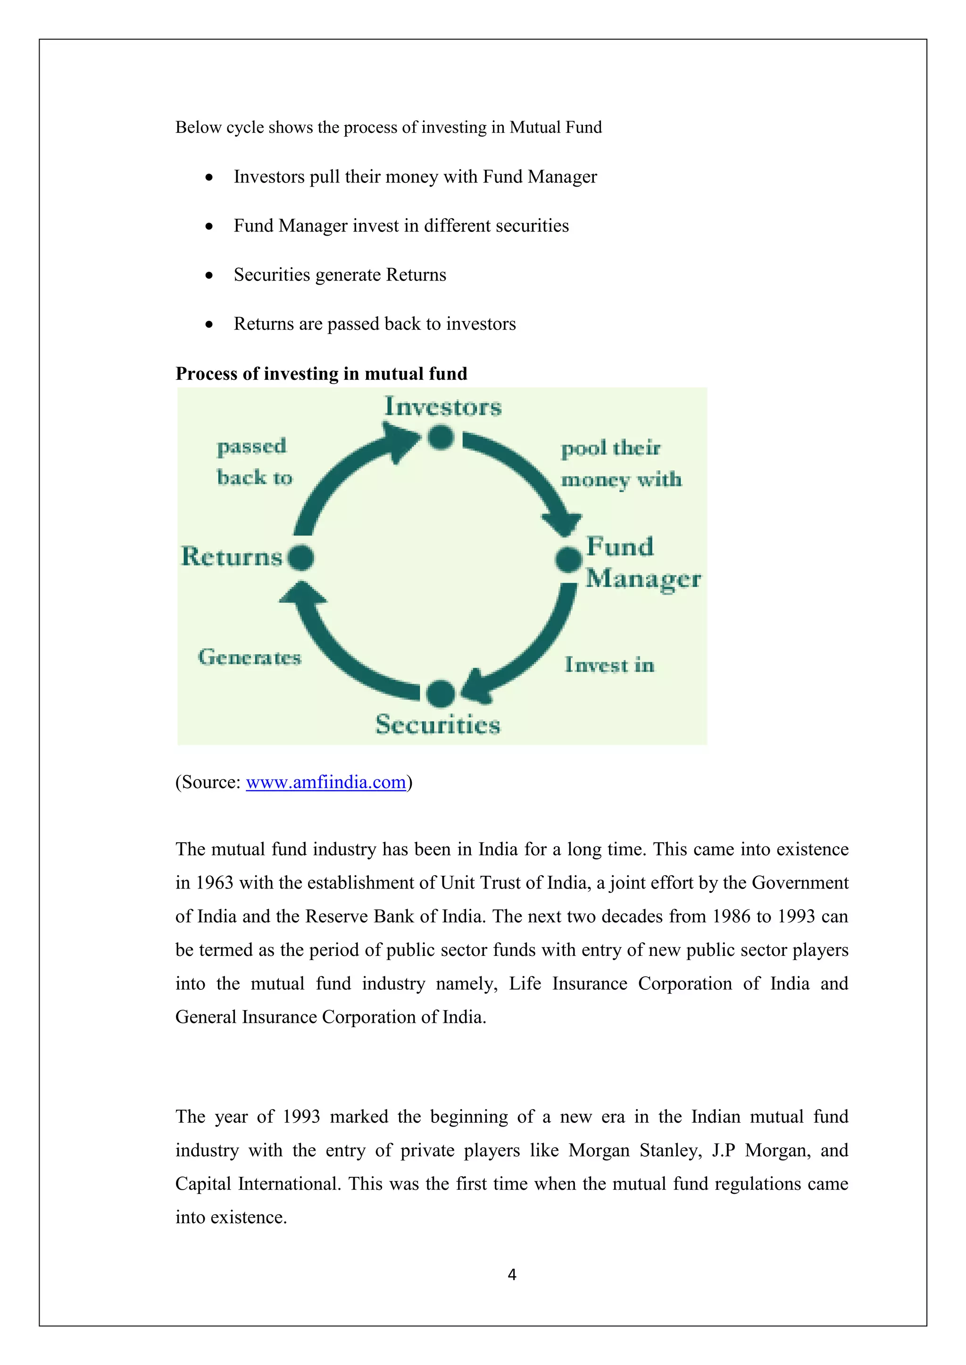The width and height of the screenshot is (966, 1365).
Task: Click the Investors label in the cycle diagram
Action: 443,407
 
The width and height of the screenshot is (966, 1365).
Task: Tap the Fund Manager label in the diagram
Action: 642,562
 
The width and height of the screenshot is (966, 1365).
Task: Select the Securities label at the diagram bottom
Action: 438,724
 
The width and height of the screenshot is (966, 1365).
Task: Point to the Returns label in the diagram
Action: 232,557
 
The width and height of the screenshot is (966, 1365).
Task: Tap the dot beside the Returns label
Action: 300,558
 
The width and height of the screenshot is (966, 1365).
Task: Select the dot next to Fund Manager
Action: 568,559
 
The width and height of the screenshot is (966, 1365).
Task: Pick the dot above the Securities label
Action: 441,693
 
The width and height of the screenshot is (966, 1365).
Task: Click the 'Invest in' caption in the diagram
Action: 609,665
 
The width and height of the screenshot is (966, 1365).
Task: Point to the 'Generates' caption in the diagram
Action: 250,658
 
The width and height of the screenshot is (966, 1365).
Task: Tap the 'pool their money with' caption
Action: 620,464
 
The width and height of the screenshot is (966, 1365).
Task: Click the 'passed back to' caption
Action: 254,462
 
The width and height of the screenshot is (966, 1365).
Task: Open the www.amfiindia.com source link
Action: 326,782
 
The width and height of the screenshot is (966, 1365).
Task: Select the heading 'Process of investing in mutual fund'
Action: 321,373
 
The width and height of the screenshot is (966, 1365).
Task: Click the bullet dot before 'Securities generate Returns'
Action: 209,276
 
